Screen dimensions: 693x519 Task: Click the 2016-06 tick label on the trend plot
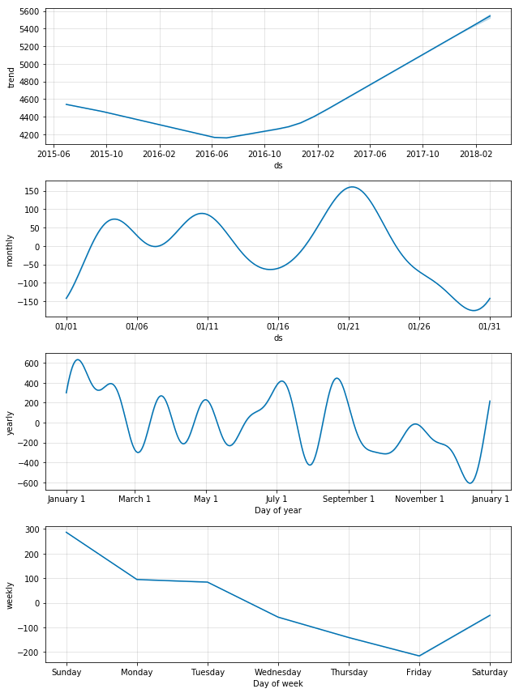212,153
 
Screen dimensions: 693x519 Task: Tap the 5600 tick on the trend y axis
29,11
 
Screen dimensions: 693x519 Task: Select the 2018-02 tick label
476,153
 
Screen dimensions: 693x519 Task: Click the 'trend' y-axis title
11,77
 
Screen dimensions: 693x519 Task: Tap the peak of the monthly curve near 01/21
351,187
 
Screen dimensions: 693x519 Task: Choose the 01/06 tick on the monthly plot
137,325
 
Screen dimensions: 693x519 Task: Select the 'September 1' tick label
349,499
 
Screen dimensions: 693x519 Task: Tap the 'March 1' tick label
135,499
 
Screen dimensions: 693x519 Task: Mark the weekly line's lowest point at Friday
419,656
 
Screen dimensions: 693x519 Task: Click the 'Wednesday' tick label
278,672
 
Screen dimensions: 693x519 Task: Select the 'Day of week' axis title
278,682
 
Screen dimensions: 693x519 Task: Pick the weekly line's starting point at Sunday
66,532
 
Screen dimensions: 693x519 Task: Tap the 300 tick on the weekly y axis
32,529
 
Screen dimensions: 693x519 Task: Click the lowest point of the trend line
226,138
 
